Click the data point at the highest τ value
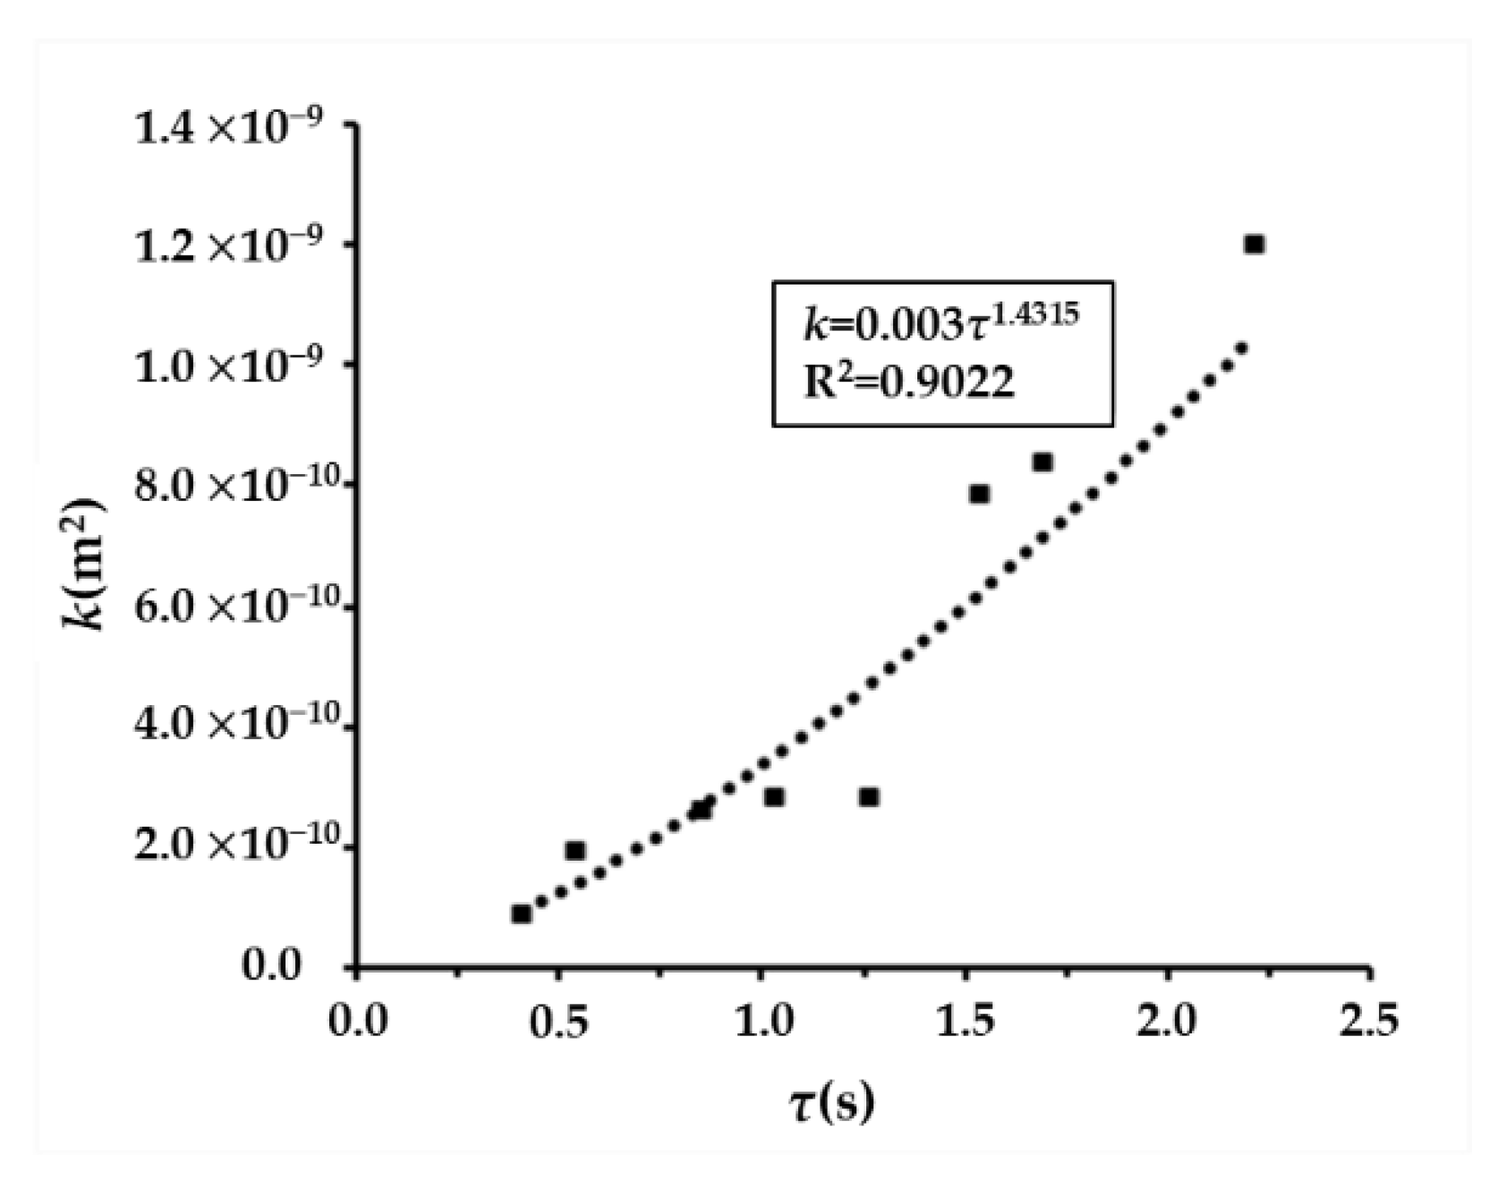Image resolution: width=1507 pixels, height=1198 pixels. [x=1254, y=244]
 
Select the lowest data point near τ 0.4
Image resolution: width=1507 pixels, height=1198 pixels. [x=522, y=913]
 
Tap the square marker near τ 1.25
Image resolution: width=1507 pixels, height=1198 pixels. [x=868, y=797]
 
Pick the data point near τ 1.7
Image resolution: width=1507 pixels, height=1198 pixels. [x=1042, y=463]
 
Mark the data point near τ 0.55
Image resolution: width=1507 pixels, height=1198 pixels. [x=575, y=851]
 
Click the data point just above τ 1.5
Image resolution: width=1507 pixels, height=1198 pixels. [x=979, y=494]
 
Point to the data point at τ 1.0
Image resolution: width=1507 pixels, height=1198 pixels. [x=775, y=797]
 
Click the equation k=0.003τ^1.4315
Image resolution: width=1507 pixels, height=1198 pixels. [x=940, y=324]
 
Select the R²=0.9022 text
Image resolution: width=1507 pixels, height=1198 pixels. [x=909, y=383]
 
